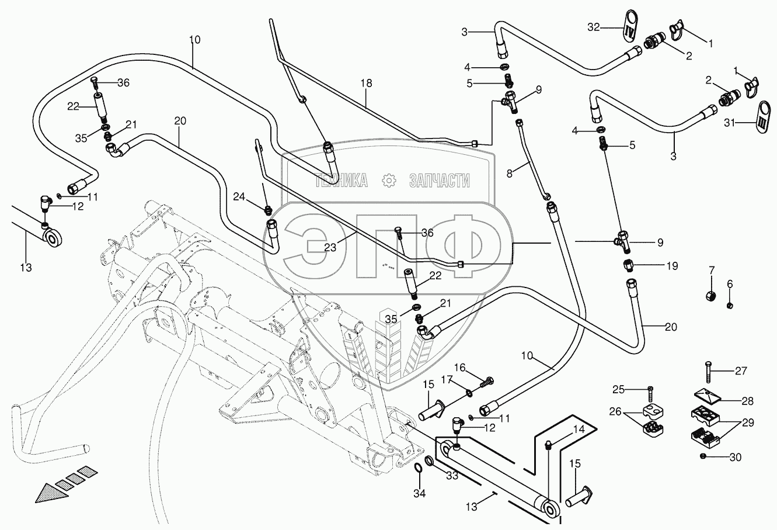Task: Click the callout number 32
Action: [x=594, y=27]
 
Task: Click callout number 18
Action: [x=366, y=84]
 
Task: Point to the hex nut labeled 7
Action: [x=711, y=296]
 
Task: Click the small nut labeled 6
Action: [x=730, y=305]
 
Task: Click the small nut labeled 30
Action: [x=703, y=456]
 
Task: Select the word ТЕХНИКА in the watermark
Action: [x=342, y=181]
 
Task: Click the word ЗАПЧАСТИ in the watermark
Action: [x=440, y=181]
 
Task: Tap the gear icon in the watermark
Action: [x=389, y=181]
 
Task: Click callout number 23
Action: [x=330, y=247]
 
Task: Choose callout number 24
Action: [x=239, y=197]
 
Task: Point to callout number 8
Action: [x=509, y=174]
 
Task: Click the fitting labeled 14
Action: [x=548, y=445]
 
